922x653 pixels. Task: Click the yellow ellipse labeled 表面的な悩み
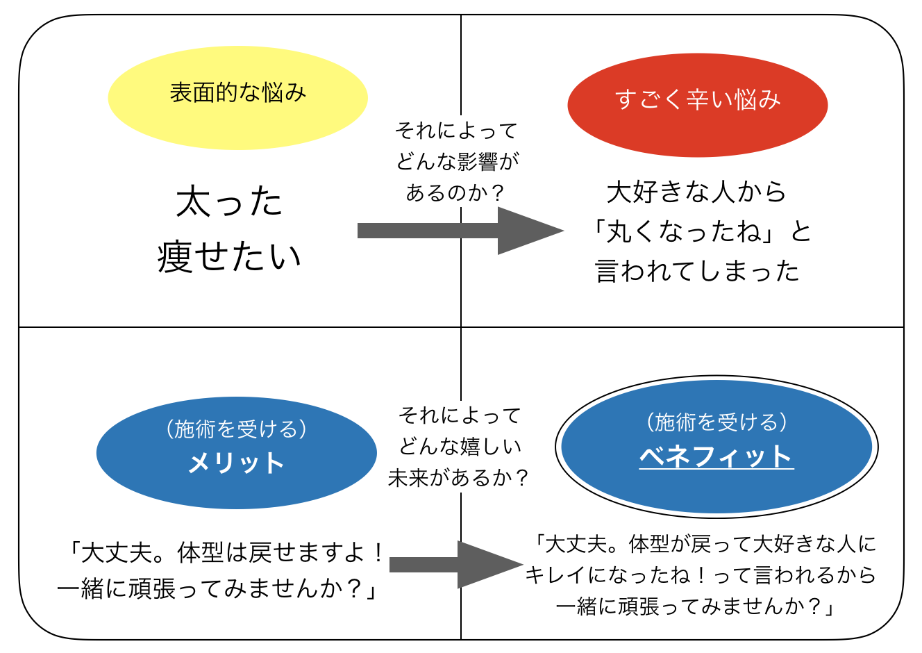(237, 98)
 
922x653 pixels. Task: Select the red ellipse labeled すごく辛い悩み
(697, 105)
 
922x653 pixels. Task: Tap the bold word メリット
(236, 463)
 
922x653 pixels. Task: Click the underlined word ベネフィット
(716, 456)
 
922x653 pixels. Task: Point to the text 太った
(229, 201)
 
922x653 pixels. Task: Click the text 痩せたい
(229, 257)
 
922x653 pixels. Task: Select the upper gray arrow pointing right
(460, 231)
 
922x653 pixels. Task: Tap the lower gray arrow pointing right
(456, 565)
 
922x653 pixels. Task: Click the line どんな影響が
(458, 161)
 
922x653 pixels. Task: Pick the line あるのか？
(455, 192)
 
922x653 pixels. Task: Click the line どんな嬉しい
(460, 446)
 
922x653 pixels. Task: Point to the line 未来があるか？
(458, 478)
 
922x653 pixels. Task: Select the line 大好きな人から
(696, 192)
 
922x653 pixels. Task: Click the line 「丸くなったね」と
(701, 231)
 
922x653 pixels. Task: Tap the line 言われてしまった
(697, 271)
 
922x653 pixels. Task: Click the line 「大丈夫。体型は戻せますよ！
(226, 552)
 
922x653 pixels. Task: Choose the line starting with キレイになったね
(701, 575)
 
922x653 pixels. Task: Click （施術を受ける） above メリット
(236, 429)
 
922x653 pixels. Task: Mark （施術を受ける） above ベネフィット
(716, 422)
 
